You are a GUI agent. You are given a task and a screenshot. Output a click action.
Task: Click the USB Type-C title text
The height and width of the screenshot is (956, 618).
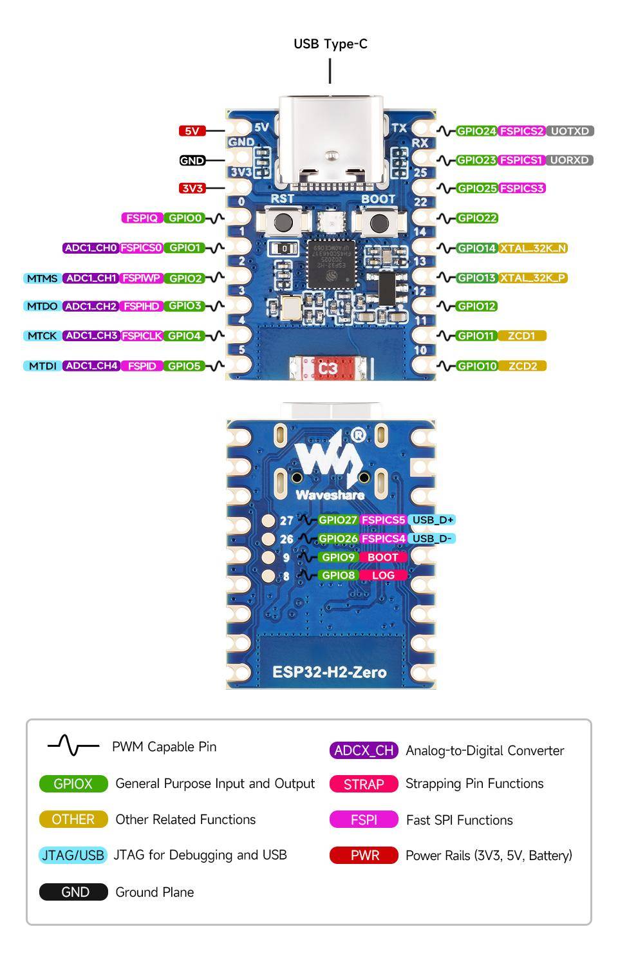coord(330,44)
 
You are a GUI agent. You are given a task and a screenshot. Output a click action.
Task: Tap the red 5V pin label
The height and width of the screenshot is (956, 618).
coord(192,131)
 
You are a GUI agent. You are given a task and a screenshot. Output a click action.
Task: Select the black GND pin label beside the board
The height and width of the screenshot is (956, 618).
coord(192,160)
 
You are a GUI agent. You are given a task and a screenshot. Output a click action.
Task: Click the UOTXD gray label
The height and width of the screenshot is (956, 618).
coord(570,131)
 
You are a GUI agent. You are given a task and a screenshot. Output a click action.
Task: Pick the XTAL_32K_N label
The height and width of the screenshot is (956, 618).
coord(533,248)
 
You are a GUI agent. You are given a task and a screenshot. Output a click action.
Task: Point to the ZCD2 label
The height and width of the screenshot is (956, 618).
coord(522,366)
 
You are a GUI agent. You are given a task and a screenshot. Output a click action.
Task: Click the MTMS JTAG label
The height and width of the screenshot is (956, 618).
coord(42,278)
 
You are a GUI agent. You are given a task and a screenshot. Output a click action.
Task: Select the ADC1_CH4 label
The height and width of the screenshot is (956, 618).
coord(91,366)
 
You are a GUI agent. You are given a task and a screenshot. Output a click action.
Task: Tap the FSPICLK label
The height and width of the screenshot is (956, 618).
coord(142,335)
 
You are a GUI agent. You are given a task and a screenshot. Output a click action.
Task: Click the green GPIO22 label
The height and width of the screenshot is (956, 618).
coord(477,218)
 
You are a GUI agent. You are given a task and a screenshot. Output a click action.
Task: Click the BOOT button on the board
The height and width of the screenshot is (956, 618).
coord(379,223)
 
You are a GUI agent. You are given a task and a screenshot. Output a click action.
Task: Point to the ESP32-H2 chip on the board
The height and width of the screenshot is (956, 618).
coord(330,264)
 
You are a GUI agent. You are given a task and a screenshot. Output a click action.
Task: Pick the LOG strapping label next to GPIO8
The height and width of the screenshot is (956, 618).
coord(383,575)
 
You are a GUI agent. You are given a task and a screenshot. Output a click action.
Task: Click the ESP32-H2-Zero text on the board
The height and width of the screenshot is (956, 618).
coord(330,672)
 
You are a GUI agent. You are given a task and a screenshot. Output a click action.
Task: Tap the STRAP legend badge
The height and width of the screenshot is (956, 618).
coord(364,784)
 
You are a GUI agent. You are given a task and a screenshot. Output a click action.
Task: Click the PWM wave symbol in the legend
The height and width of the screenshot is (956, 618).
coord(73,746)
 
